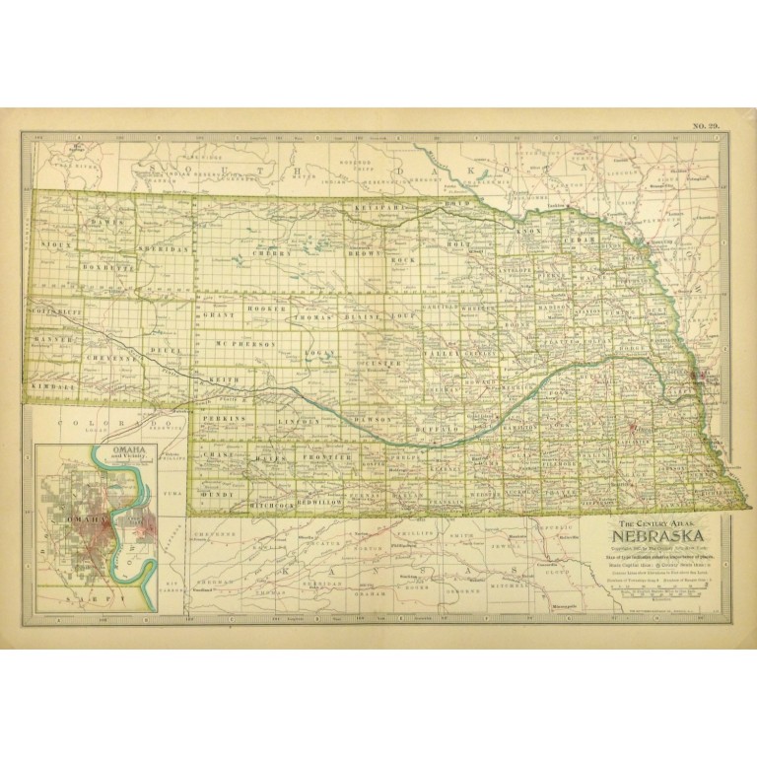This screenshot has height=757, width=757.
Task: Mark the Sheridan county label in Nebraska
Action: tap(164, 249)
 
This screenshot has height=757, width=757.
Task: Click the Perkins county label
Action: tap(220, 420)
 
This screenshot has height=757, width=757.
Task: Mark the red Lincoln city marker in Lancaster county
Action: tap(634, 429)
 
